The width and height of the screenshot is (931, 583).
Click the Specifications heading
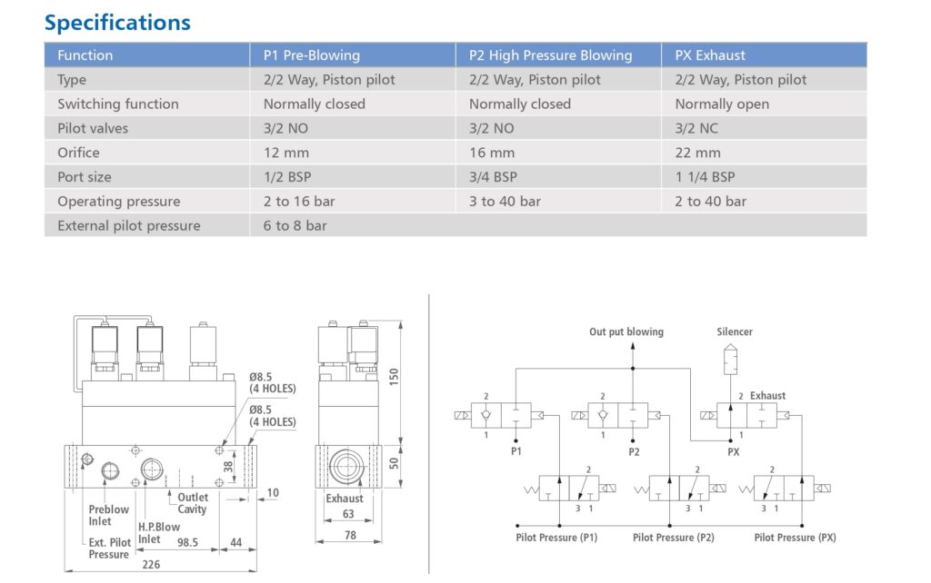[x=117, y=22]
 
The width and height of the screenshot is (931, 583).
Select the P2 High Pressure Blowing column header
[x=550, y=55]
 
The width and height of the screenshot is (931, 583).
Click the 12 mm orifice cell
[x=286, y=153]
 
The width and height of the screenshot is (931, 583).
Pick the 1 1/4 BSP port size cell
[x=705, y=177]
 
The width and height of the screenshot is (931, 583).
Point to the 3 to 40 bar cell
[x=505, y=202]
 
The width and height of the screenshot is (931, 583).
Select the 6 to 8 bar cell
[x=295, y=225]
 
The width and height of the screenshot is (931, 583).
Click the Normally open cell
[x=722, y=104]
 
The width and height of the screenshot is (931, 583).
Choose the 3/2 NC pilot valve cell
[x=697, y=128]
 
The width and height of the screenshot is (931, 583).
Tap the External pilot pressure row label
[x=129, y=225]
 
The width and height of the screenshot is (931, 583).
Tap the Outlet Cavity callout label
[x=193, y=503]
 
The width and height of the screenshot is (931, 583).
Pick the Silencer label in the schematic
[x=735, y=332]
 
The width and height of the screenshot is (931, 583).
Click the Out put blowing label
[x=626, y=332]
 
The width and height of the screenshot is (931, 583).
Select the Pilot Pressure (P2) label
[x=674, y=538]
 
